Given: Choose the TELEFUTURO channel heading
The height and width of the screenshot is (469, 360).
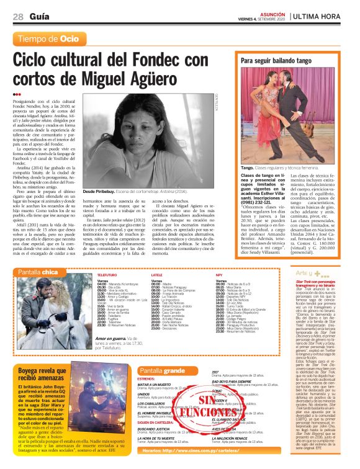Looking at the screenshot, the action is (x=107, y=256).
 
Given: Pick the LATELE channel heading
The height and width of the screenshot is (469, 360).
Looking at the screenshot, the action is (x=156, y=256).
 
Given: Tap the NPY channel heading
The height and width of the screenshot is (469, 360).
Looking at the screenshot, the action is (x=219, y=256).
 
